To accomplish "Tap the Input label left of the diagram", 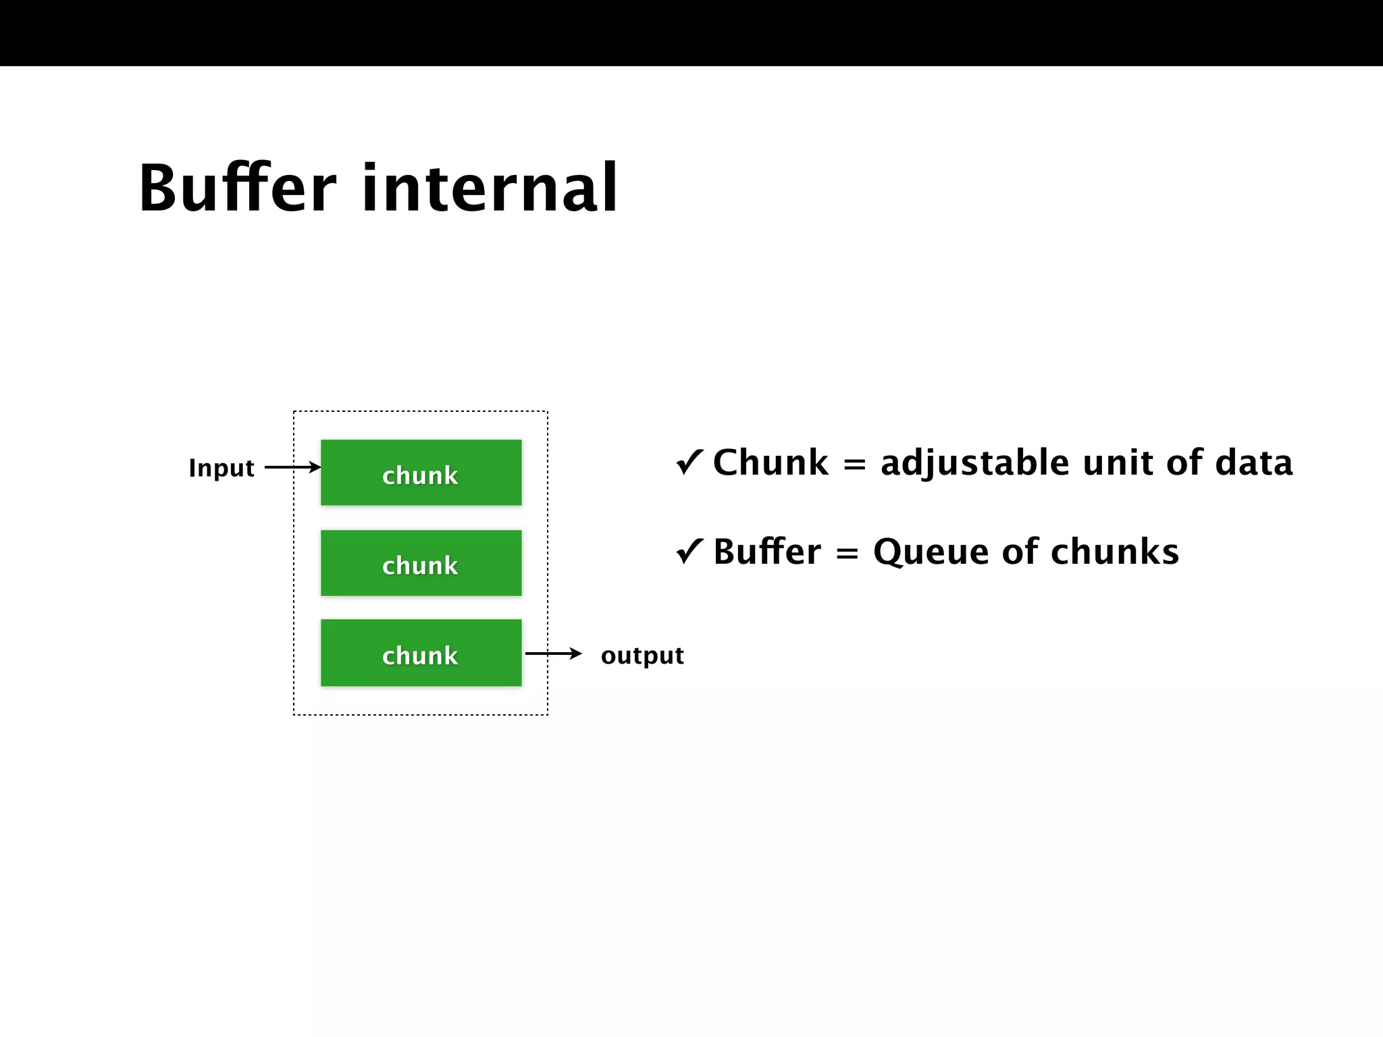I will (x=221, y=468).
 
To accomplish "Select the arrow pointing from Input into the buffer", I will (x=292, y=467).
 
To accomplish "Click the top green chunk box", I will (x=421, y=473).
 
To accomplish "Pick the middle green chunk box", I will (x=421, y=563).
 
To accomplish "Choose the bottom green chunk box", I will (x=421, y=653).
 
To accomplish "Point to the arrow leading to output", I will (x=553, y=654).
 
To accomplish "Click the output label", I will (x=642, y=656).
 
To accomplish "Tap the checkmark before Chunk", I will (x=689, y=462).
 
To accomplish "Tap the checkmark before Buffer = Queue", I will (x=689, y=551).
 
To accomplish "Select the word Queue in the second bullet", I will (x=931, y=552).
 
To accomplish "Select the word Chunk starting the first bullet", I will (x=771, y=463).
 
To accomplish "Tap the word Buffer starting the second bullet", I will (x=767, y=552).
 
